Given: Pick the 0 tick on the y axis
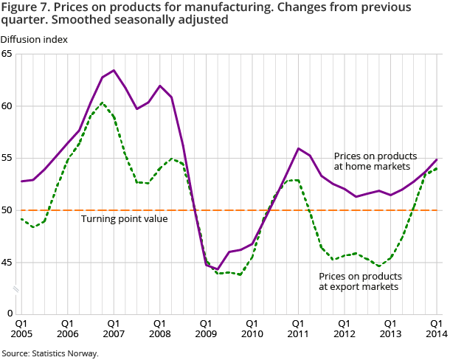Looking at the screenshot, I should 10,314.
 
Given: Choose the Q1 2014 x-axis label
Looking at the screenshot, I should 437,328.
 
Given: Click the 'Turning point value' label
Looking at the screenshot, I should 124,219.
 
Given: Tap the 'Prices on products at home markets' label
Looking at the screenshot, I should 375,162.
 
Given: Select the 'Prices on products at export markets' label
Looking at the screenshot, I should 359,281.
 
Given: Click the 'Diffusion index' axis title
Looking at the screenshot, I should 34,39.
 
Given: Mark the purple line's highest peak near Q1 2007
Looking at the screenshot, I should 114,70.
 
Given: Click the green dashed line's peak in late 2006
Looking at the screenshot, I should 103,103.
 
